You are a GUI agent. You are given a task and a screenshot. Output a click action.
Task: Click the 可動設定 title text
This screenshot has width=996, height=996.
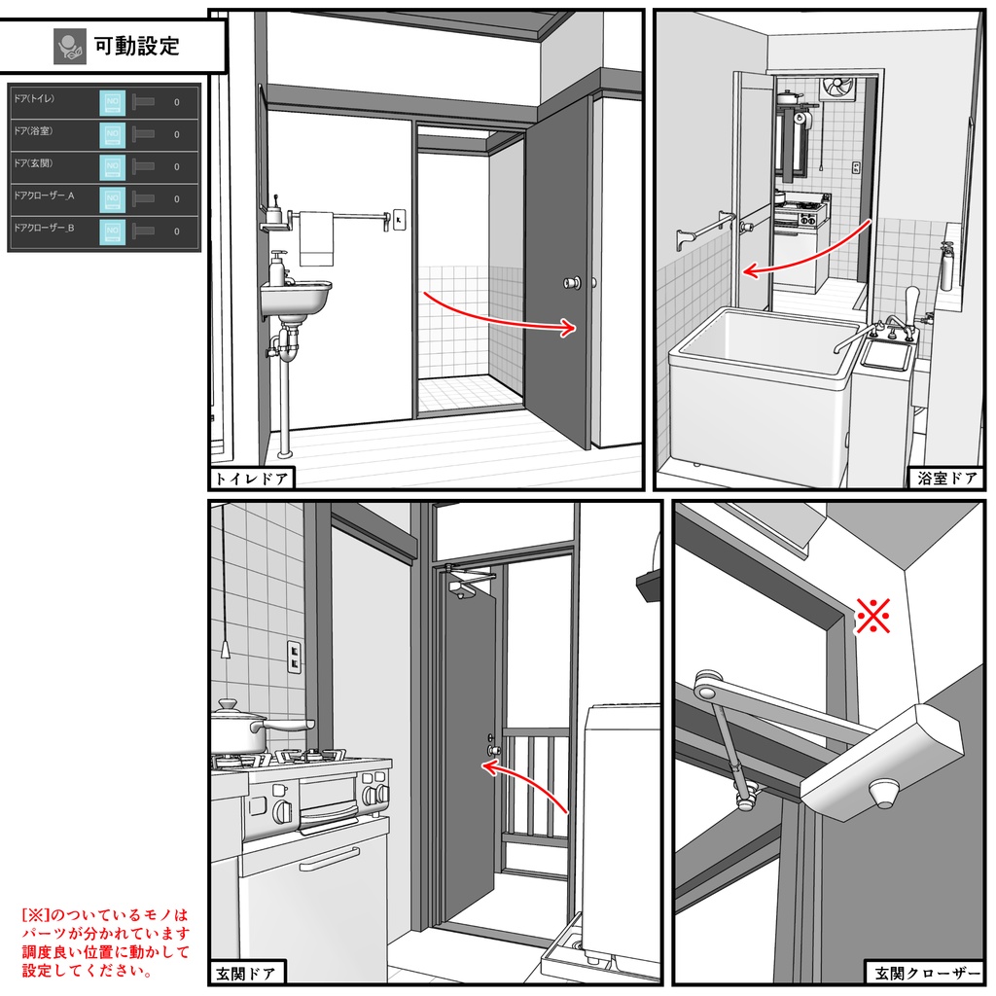coord(136,45)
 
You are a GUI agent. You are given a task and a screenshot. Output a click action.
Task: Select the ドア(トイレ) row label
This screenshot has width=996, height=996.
coord(34,98)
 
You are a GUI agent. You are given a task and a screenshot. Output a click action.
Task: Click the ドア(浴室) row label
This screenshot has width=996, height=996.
coord(34,130)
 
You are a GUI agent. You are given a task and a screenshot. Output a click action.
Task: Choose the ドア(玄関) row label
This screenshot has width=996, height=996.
coord(34,162)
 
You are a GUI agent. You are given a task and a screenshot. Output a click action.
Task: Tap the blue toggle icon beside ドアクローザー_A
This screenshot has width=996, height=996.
coord(113,199)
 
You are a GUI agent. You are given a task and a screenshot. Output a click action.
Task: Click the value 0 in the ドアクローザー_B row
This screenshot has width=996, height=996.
coord(176,231)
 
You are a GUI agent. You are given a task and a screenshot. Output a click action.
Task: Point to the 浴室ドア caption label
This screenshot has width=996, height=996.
coord(943,478)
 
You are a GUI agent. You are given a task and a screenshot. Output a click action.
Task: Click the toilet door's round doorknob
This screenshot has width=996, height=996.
coord(569,283)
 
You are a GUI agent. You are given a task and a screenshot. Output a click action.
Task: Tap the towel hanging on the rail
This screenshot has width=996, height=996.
coord(316,239)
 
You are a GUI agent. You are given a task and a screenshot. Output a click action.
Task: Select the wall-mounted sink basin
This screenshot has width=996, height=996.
coord(297,297)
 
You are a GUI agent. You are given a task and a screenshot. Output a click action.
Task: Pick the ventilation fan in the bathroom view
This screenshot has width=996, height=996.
coord(836,89)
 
